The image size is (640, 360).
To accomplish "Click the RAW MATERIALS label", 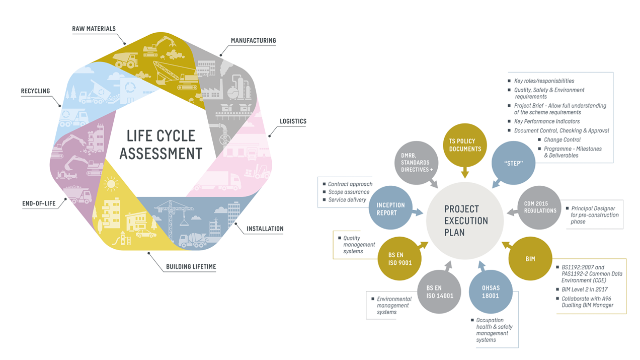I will point(94,29).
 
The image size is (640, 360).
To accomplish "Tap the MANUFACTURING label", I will point(253,40).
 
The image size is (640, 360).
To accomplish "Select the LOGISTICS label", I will point(293,121).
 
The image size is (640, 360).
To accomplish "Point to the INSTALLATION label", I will point(265,229).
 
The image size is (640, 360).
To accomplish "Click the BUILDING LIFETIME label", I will point(191,266).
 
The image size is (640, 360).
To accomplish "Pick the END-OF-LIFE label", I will point(39,204).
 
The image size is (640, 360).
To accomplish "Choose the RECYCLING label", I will point(35,91).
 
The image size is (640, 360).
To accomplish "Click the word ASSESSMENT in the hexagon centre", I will point(161,153).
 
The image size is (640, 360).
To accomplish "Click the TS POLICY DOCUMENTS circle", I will point(464,145).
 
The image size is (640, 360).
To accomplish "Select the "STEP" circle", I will point(513,164).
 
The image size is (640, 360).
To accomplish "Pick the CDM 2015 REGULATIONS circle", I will point(539,207).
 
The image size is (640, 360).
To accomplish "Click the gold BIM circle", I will point(530,259).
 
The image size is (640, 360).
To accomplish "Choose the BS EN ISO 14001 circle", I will point(439,292).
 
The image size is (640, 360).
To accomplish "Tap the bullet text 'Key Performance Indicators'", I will point(546,121).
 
